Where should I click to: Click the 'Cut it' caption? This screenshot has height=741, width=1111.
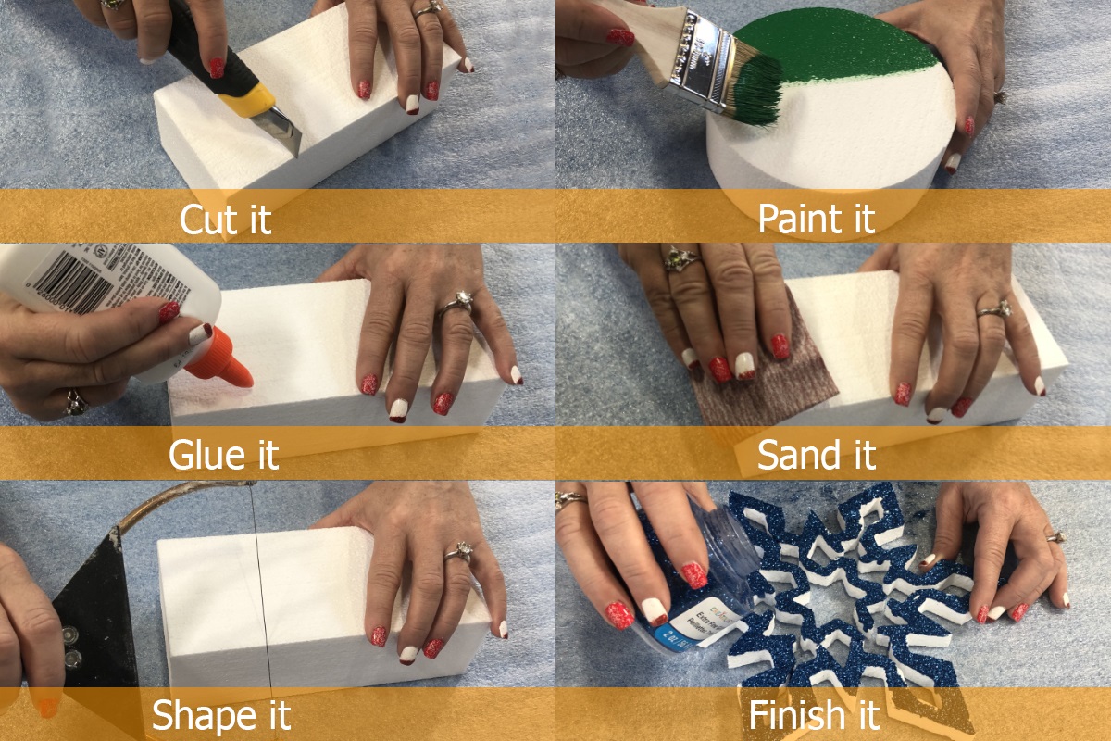tap(225, 220)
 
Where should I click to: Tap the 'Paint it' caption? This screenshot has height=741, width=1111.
tap(816, 220)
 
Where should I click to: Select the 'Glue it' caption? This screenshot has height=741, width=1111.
tap(223, 455)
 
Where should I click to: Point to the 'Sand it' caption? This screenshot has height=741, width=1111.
tap(816, 455)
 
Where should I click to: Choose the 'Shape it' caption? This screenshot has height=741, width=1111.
tap(221, 715)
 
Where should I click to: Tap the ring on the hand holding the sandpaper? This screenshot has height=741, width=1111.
tap(680, 261)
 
